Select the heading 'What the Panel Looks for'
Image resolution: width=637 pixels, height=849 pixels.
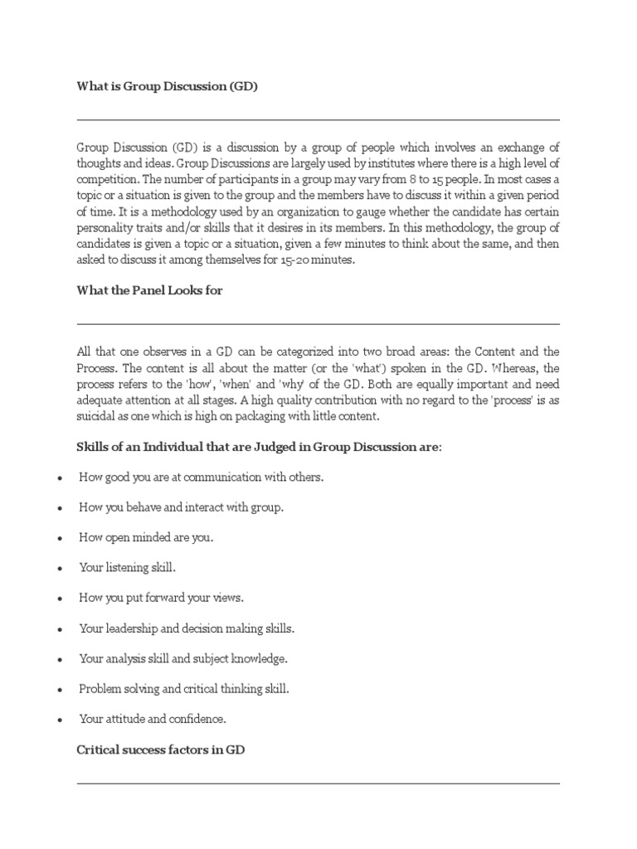pos(149,291)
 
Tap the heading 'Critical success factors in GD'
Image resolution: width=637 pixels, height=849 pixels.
pos(161,750)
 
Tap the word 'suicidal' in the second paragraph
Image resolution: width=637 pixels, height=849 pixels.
pos(98,417)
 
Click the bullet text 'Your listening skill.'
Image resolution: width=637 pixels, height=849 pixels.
pos(127,567)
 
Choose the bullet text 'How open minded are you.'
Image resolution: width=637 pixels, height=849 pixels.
pos(146,537)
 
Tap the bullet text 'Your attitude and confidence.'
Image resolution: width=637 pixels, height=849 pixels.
pos(152,718)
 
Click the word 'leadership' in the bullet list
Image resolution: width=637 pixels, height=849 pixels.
pos(132,628)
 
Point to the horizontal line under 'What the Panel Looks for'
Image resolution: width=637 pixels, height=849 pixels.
pos(318,323)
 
